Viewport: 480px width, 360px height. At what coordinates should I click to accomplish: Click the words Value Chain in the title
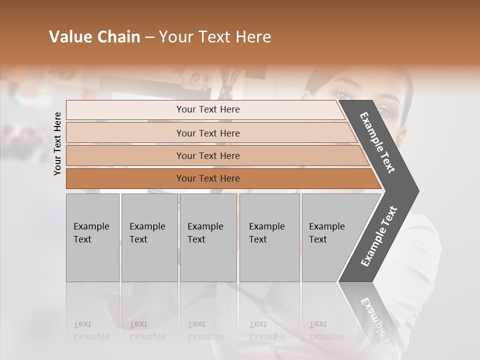[x=94, y=37]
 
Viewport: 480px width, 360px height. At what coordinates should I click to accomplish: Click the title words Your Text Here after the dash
[x=215, y=37]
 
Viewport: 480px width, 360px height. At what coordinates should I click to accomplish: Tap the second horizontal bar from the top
[x=208, y=133]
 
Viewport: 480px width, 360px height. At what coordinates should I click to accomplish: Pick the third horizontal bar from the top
[x=208, y=155]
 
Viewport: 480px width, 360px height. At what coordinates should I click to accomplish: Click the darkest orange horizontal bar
[x=208, y=178]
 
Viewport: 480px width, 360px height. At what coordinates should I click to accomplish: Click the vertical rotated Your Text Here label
[x=57, y=143]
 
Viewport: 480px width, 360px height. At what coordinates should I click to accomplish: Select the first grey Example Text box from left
[x=92, y=237]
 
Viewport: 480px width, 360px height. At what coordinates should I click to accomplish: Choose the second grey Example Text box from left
[x=149, y=237]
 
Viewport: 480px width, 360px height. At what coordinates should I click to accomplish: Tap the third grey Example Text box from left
[x=208, y=237]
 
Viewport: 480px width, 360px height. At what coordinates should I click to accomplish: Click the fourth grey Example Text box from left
[x=269, y=237]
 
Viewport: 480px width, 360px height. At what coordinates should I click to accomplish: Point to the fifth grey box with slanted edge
[x=330, y=237]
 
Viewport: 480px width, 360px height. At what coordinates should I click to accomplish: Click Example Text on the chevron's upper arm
[x=378, y=143]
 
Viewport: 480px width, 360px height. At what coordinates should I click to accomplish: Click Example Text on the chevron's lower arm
[x=379, y=236]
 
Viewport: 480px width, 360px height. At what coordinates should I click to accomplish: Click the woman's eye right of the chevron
[x=385, y=111]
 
